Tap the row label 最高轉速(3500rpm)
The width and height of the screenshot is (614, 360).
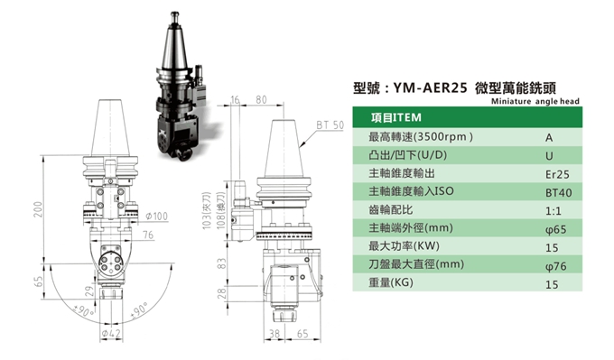tap(421, 137)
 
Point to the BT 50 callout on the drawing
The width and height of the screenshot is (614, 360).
tap(329, 125)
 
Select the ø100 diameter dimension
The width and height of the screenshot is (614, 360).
tap(155, 217)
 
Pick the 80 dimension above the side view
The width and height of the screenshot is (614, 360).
tap(261, 98)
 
